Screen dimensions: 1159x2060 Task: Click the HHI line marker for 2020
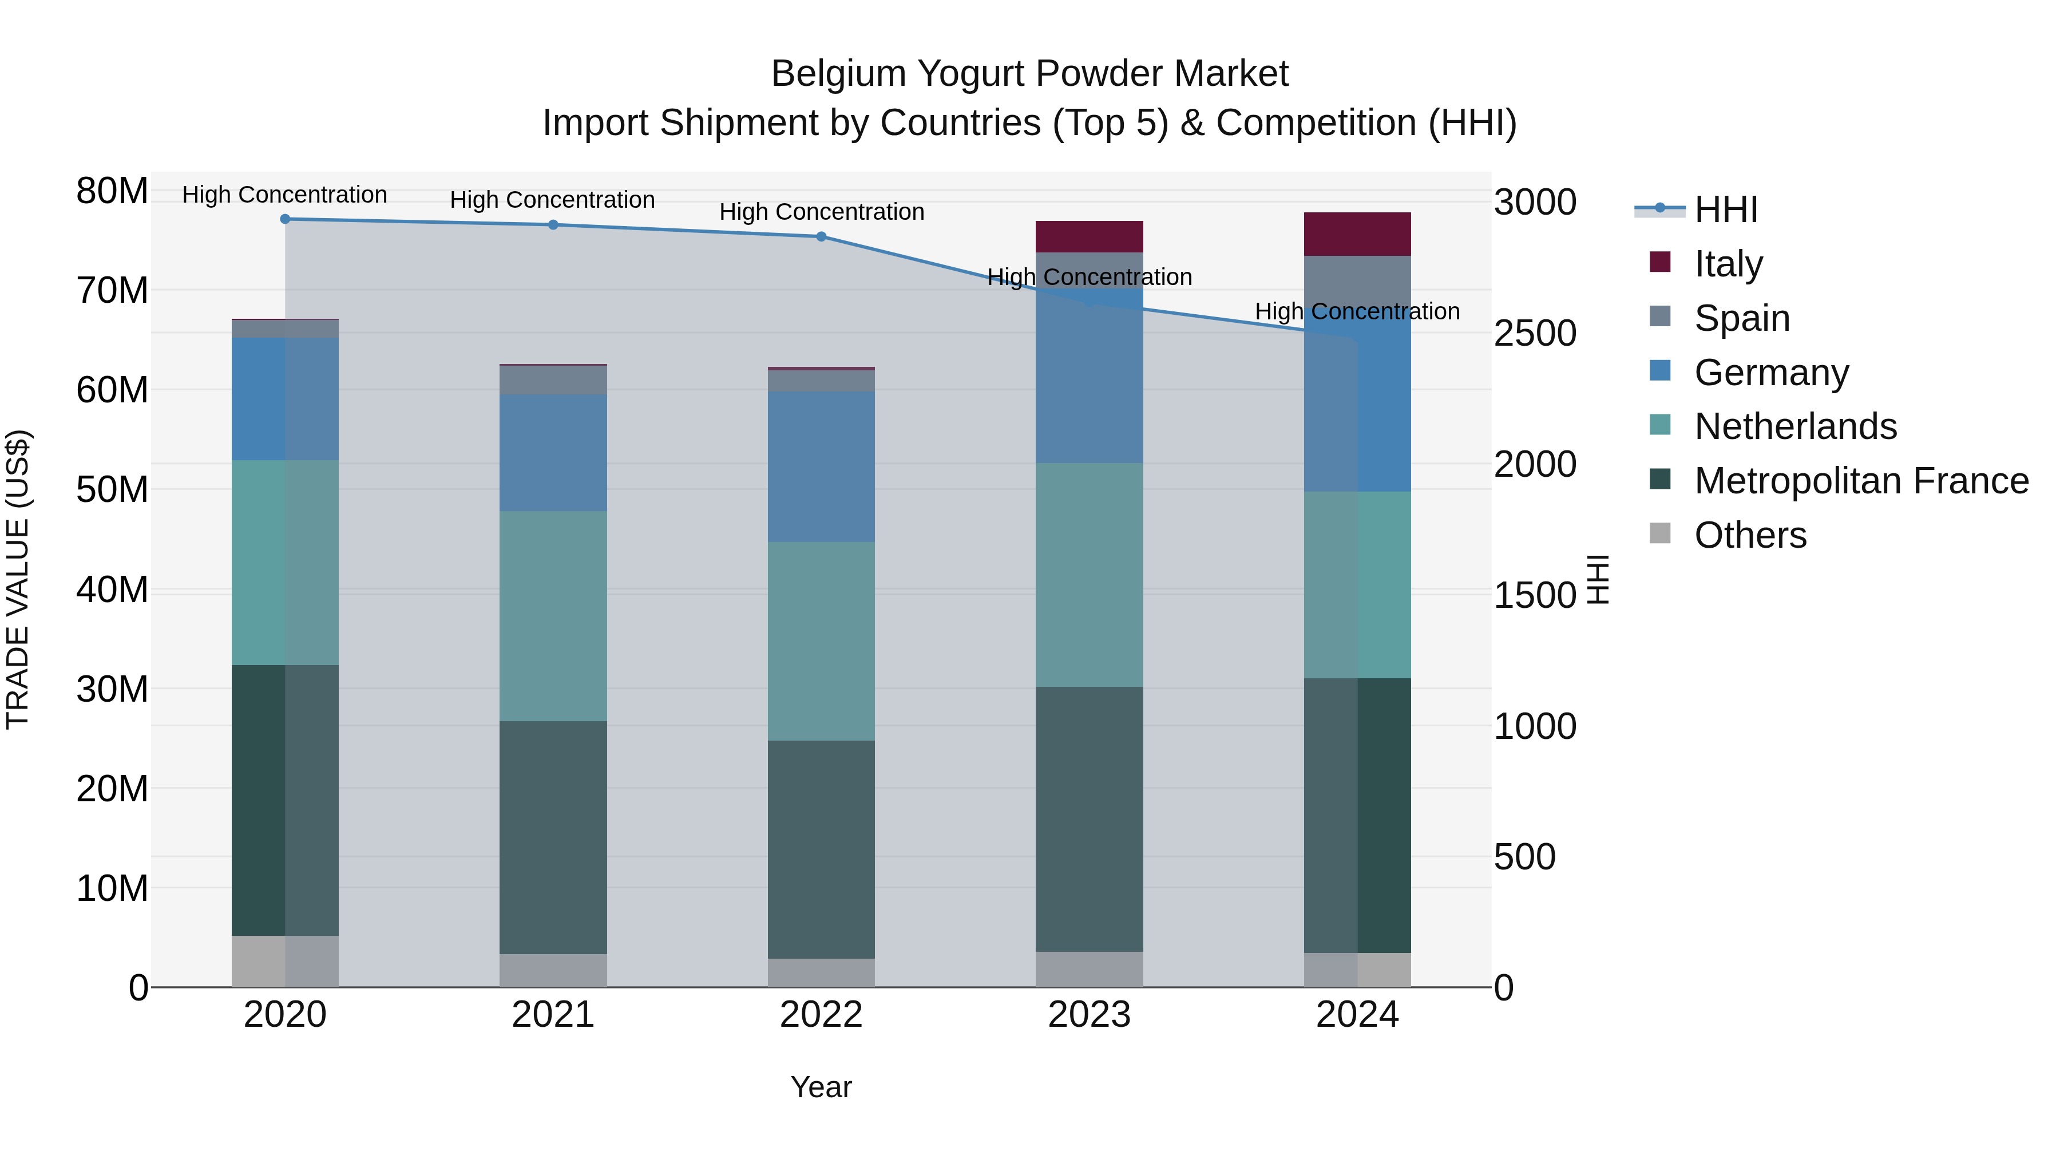click(x=285, y=219)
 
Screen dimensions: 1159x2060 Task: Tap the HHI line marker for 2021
click(x=553, y=225)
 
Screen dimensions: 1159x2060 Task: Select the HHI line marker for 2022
click(x=821, y=237)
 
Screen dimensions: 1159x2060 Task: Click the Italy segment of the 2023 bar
click(x=1088, y=237)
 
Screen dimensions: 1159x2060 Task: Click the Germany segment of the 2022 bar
click(x=821, y=467)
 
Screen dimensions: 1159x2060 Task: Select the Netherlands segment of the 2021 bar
click(x=553, y=616)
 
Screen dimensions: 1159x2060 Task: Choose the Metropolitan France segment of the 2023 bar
click(x=1088, y=818)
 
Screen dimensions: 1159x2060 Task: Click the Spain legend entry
click(x=1742, y=318)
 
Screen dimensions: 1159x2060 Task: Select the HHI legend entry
click(x=1726, y=209)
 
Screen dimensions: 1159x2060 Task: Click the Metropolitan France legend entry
click(x=1861, y=481)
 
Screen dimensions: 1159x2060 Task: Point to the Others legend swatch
click(x=1659, y=533)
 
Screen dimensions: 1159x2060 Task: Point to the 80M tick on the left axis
click(x=112, y=191)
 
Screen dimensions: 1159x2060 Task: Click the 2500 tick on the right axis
click(x=1535, y=334)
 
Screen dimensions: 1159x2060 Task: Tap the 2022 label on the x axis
click(x=821, y=1015)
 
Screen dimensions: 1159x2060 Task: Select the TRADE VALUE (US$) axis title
click(x=18, y=579)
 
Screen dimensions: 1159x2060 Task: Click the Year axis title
click(x=821, y=1087)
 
